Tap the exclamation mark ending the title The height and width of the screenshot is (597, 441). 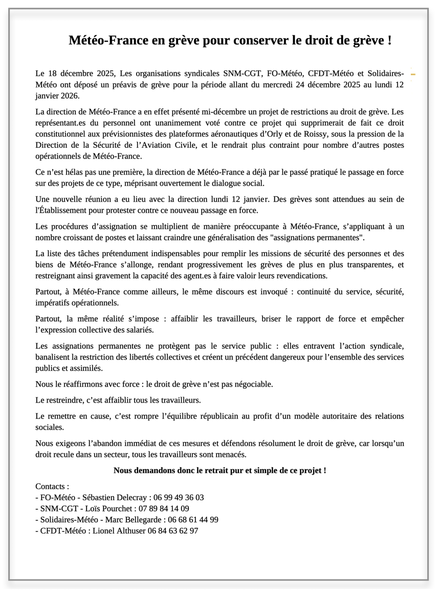pos(389,41)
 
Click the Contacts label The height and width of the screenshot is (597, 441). pos(52,487)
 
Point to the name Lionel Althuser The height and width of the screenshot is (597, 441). pos(122,531)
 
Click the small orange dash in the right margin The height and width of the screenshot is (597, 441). pos(413,75)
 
